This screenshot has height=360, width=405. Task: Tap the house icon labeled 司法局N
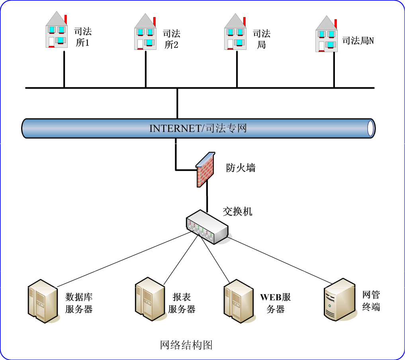(x=326, y=35)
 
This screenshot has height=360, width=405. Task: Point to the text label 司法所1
(x=83, y=37)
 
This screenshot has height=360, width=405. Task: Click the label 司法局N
(x=358, y=41)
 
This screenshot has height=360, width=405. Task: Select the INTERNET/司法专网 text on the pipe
(x=198, y=128)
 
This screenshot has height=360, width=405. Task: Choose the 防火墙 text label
(x=241, y=168)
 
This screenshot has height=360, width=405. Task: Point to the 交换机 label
(x=237, y=211)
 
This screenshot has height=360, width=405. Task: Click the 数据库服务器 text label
(x=79, y=303)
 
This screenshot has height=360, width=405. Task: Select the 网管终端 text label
(x=371, y=301)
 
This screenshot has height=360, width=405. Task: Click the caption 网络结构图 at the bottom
(x=186, y=345)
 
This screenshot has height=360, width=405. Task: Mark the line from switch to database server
(x=123, y=259)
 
